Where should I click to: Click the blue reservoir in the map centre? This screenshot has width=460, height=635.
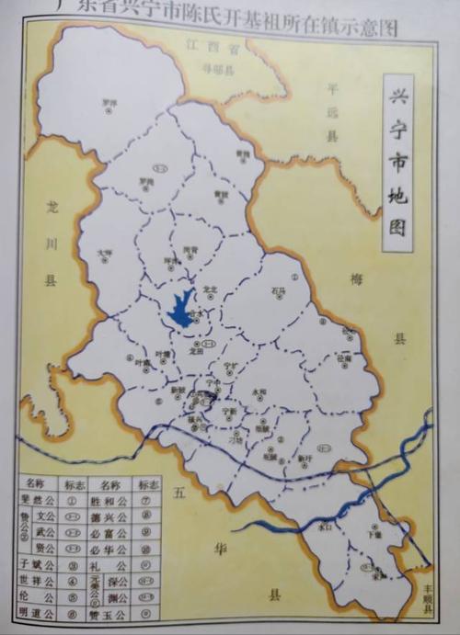click(x=182, y=308)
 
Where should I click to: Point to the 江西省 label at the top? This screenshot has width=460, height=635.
click(x=201, y=44)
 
